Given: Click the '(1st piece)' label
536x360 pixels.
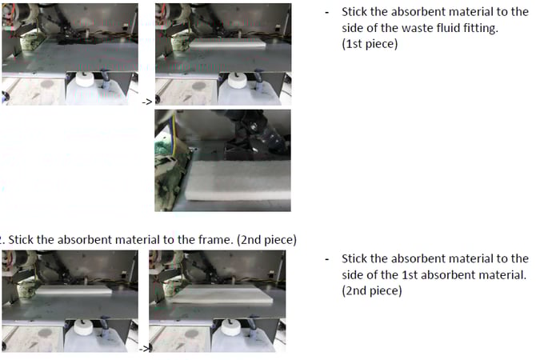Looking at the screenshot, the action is pyautogui.click(x=370, y=44).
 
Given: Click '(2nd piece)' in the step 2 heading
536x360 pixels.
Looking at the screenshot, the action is pyautogui.click(x=266, y=240).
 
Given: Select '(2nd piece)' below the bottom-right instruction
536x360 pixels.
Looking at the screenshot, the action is pyautogui.click(x=372, y=291).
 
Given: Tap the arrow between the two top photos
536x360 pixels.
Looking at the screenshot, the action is pyautogui.click(x=146, y=102).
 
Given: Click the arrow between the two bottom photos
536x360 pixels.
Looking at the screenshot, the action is pyautogui.click(x=144, y=349).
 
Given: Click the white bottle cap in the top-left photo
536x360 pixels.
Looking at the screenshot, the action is pyautogui.click(x=85, y=79).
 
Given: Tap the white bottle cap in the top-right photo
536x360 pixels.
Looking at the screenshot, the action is pyautogui.click(x=238, y=80).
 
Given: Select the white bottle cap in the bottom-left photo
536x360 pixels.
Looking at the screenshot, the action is pyautogui.click(x=84, y=327).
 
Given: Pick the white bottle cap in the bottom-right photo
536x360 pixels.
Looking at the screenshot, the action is pyautogui.click(x=231, y=327).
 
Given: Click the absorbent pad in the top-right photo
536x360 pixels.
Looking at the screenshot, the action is pyautogui.click(x=227, y=43).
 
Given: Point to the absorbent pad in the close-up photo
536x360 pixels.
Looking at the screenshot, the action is pyautogui.click(x=238, y=181).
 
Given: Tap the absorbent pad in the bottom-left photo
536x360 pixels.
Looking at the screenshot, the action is pyautogui.click(x=74, y=290).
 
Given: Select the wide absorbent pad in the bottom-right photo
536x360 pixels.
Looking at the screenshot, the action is pyautogui.click(x=222, y=294).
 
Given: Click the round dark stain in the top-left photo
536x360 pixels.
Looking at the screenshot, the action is pyautogui.click(x=47, y=85).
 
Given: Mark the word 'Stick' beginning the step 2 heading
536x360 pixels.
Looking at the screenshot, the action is pyautogui.click(x=21, y=240).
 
